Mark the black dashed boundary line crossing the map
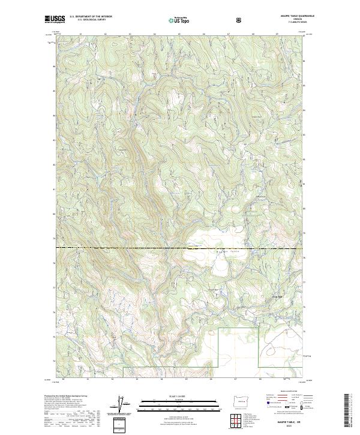pyautogui.click(x=120, y=247)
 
